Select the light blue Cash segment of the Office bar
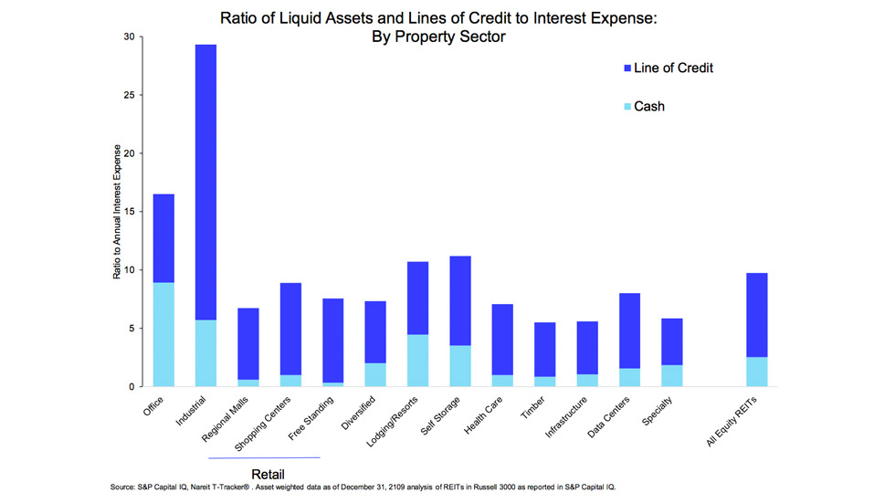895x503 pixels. point(163,334)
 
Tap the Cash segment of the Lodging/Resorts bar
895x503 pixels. point(417,361)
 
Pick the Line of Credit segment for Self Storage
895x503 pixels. point(460,300)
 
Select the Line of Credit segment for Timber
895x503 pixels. point(544,349)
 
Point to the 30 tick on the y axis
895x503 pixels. point(128,37)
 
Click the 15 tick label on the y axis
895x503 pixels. point(128,212)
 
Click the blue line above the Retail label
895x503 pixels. point(264,456)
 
